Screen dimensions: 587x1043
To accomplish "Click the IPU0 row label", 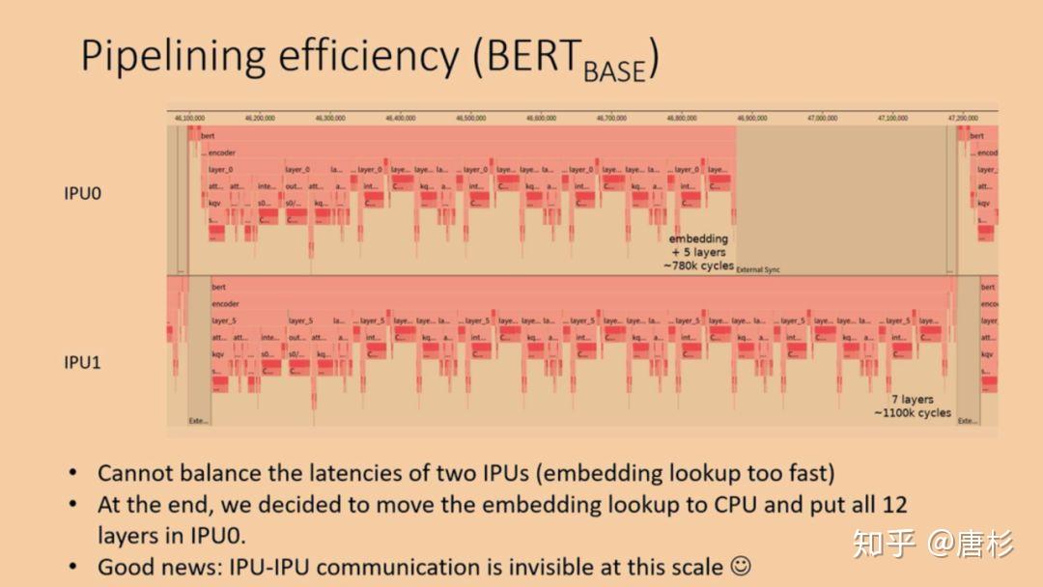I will point(82,193).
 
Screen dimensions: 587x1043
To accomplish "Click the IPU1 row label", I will point(82,363).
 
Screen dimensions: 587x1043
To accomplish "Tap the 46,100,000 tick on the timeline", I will point(189,118).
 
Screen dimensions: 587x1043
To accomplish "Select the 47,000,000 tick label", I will point(822,118).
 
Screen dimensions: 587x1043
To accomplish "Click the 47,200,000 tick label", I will point(962,118).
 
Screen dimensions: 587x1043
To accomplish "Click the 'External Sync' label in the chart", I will point(758,270).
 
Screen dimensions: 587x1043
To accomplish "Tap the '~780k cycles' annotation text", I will point(697,266).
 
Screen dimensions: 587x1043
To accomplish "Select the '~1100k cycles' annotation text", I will point(913,413).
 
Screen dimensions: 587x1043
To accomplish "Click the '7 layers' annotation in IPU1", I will point(912,399).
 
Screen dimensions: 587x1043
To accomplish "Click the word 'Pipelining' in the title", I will point(173,58).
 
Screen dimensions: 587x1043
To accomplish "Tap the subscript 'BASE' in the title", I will point(613,70).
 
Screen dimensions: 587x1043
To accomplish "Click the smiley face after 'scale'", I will point(740,566).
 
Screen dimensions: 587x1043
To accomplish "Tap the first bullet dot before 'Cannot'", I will point(73,473).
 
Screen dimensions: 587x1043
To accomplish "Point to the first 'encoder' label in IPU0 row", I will point(221,153).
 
